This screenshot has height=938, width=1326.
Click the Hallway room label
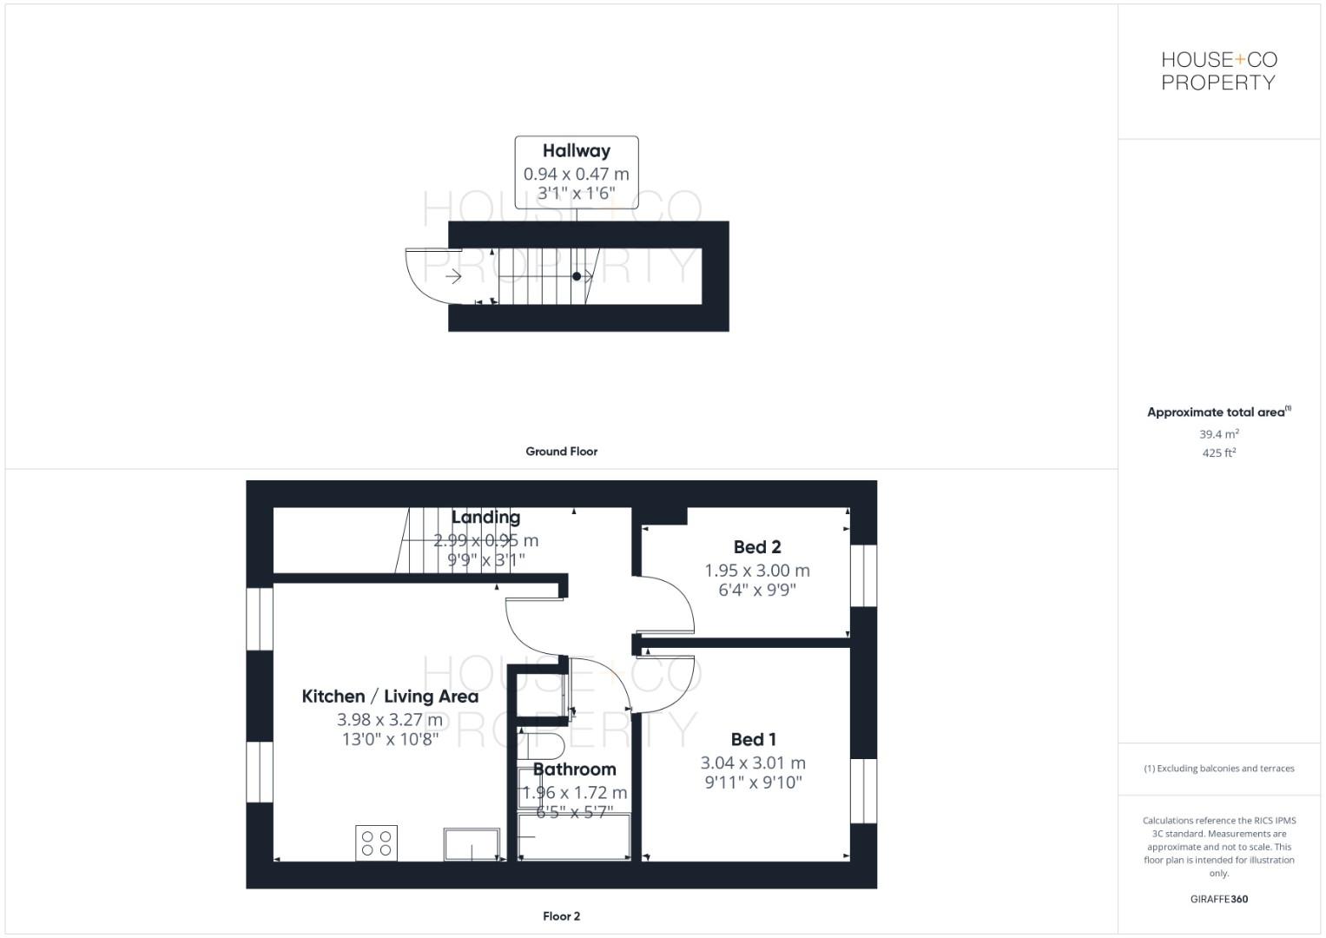577,151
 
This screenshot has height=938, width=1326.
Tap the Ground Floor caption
561,452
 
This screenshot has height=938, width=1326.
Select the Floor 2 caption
561,916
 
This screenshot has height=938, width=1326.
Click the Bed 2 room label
757,547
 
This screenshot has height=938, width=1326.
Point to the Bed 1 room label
754,740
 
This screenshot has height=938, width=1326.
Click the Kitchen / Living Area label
390,697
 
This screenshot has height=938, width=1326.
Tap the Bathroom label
574,770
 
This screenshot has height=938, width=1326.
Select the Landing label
485,518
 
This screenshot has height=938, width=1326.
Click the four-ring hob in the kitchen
376,843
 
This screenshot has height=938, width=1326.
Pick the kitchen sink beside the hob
472,844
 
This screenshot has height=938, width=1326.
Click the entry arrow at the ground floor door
453,277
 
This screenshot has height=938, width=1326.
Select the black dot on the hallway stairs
577,276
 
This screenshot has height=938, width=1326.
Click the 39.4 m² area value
1218,434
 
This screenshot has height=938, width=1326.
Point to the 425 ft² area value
1218,453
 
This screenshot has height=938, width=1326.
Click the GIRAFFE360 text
1218,900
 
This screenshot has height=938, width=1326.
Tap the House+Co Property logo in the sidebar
1218,71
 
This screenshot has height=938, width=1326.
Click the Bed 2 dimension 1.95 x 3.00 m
757,571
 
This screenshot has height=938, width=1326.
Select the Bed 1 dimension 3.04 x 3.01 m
753,763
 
